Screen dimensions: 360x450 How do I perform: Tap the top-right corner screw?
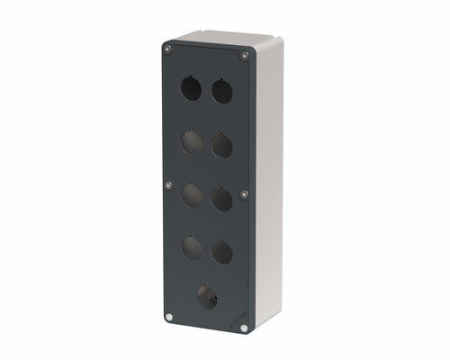coord(244,56)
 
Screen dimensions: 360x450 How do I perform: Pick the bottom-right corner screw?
coord(244,328)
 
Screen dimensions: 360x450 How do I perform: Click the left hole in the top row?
coord(192,87)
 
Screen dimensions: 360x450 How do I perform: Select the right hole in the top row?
coord(220,91)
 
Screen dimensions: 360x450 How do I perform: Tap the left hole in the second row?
coord(192,141)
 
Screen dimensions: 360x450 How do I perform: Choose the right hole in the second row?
coord(220,145)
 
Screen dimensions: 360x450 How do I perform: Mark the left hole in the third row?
coord(192,194)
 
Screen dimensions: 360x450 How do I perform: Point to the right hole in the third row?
coord(220,199)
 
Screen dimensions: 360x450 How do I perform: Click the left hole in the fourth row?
coord(192,247)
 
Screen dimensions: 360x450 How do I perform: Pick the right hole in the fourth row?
coord(220,251)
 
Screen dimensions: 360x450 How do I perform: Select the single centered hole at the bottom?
coord(206,297)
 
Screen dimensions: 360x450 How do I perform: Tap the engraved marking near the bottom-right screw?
coord(238,314)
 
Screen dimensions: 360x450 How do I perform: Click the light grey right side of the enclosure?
coord(268,180)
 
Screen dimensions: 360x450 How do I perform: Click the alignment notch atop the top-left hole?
coord(193,76)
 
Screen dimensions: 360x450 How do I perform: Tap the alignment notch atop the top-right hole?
coord(221,80)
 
